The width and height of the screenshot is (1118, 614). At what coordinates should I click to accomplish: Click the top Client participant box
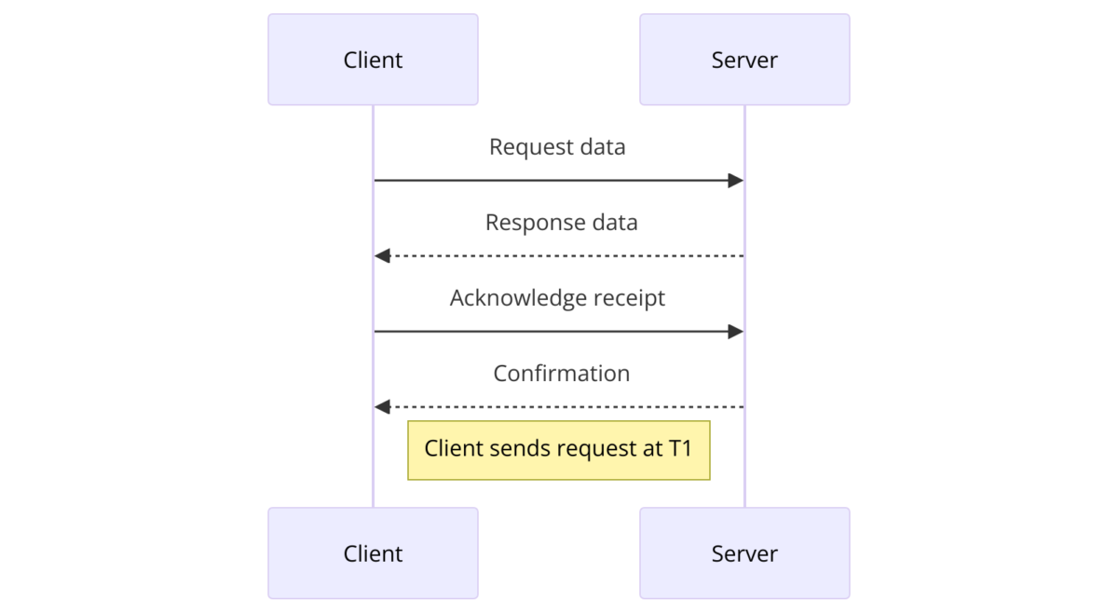click(x=373, y=60)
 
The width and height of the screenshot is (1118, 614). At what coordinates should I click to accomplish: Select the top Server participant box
click(x=744, y=60)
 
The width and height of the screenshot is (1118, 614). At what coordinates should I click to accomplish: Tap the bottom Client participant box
click(x=373, y=553)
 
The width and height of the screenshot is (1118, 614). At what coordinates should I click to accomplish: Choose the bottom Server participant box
click(x=744, y=553)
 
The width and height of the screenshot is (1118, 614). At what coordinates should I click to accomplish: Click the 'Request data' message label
click(x=557, y=147)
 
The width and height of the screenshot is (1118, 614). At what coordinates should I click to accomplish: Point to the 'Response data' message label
click(x=561, y=223)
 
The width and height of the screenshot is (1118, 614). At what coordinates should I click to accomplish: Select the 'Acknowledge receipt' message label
click(x=557, y=298)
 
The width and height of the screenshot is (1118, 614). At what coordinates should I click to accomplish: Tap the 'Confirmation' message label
click(x=561, y=374)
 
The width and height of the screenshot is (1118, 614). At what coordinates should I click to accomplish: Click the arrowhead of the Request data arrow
click(x=736, y=181)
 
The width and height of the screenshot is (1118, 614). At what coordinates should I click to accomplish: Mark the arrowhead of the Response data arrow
click(x=381, y=256)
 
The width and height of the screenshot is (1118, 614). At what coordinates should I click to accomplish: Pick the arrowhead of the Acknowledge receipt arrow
click(x=736, y=332)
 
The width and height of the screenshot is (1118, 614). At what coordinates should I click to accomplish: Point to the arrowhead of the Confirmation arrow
click(x=381, y=407)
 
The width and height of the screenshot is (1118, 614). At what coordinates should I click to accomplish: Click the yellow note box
click(x=559, y=450)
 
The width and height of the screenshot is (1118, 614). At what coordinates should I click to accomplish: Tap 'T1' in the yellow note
click(x=680, y=449)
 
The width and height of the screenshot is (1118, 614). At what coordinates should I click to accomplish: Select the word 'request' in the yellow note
click(x=597, y=449)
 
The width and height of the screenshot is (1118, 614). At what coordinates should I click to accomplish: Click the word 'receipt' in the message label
click(x=630, y=298)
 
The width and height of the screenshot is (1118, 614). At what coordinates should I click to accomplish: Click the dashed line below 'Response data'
click(x=559, y=256)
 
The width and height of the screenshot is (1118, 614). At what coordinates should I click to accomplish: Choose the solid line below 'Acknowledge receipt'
click(x=559, y=332)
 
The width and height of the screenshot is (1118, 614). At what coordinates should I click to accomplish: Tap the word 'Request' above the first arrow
click(x=522, y=147)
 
